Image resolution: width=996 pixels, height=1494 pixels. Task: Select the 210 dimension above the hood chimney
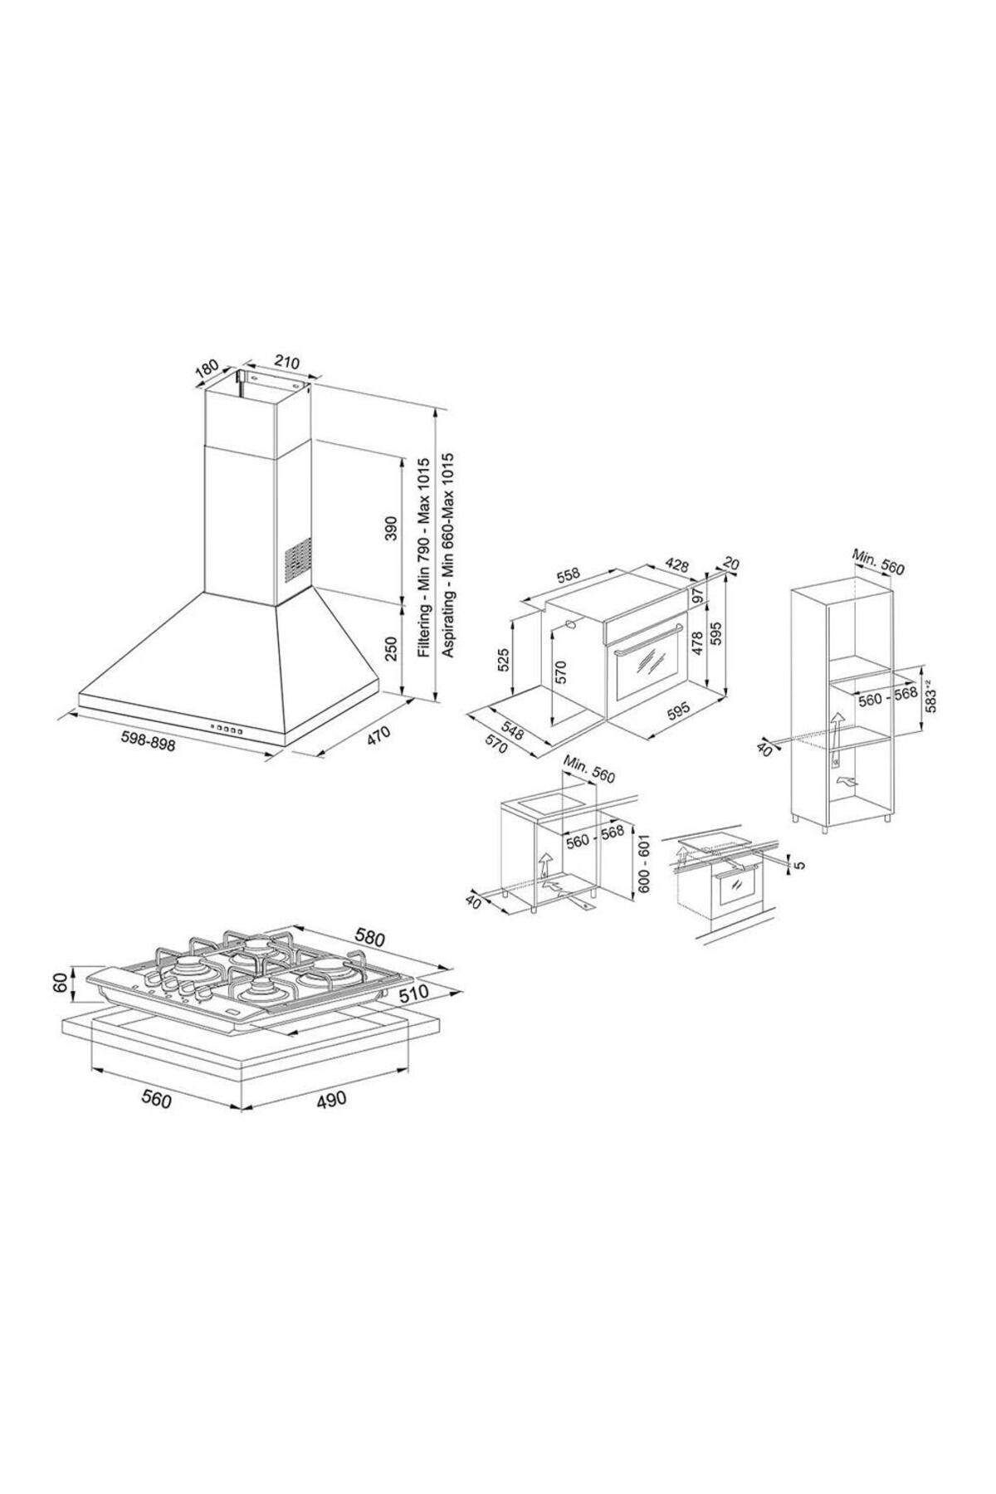coord(286,363)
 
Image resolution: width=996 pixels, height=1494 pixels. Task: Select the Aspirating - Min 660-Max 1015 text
coord(448,556)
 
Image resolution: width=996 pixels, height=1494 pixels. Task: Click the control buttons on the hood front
coord(227,729)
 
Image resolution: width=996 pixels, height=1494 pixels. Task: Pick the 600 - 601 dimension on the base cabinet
coord(644,862)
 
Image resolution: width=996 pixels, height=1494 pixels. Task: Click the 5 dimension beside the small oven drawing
coord(800,864)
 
